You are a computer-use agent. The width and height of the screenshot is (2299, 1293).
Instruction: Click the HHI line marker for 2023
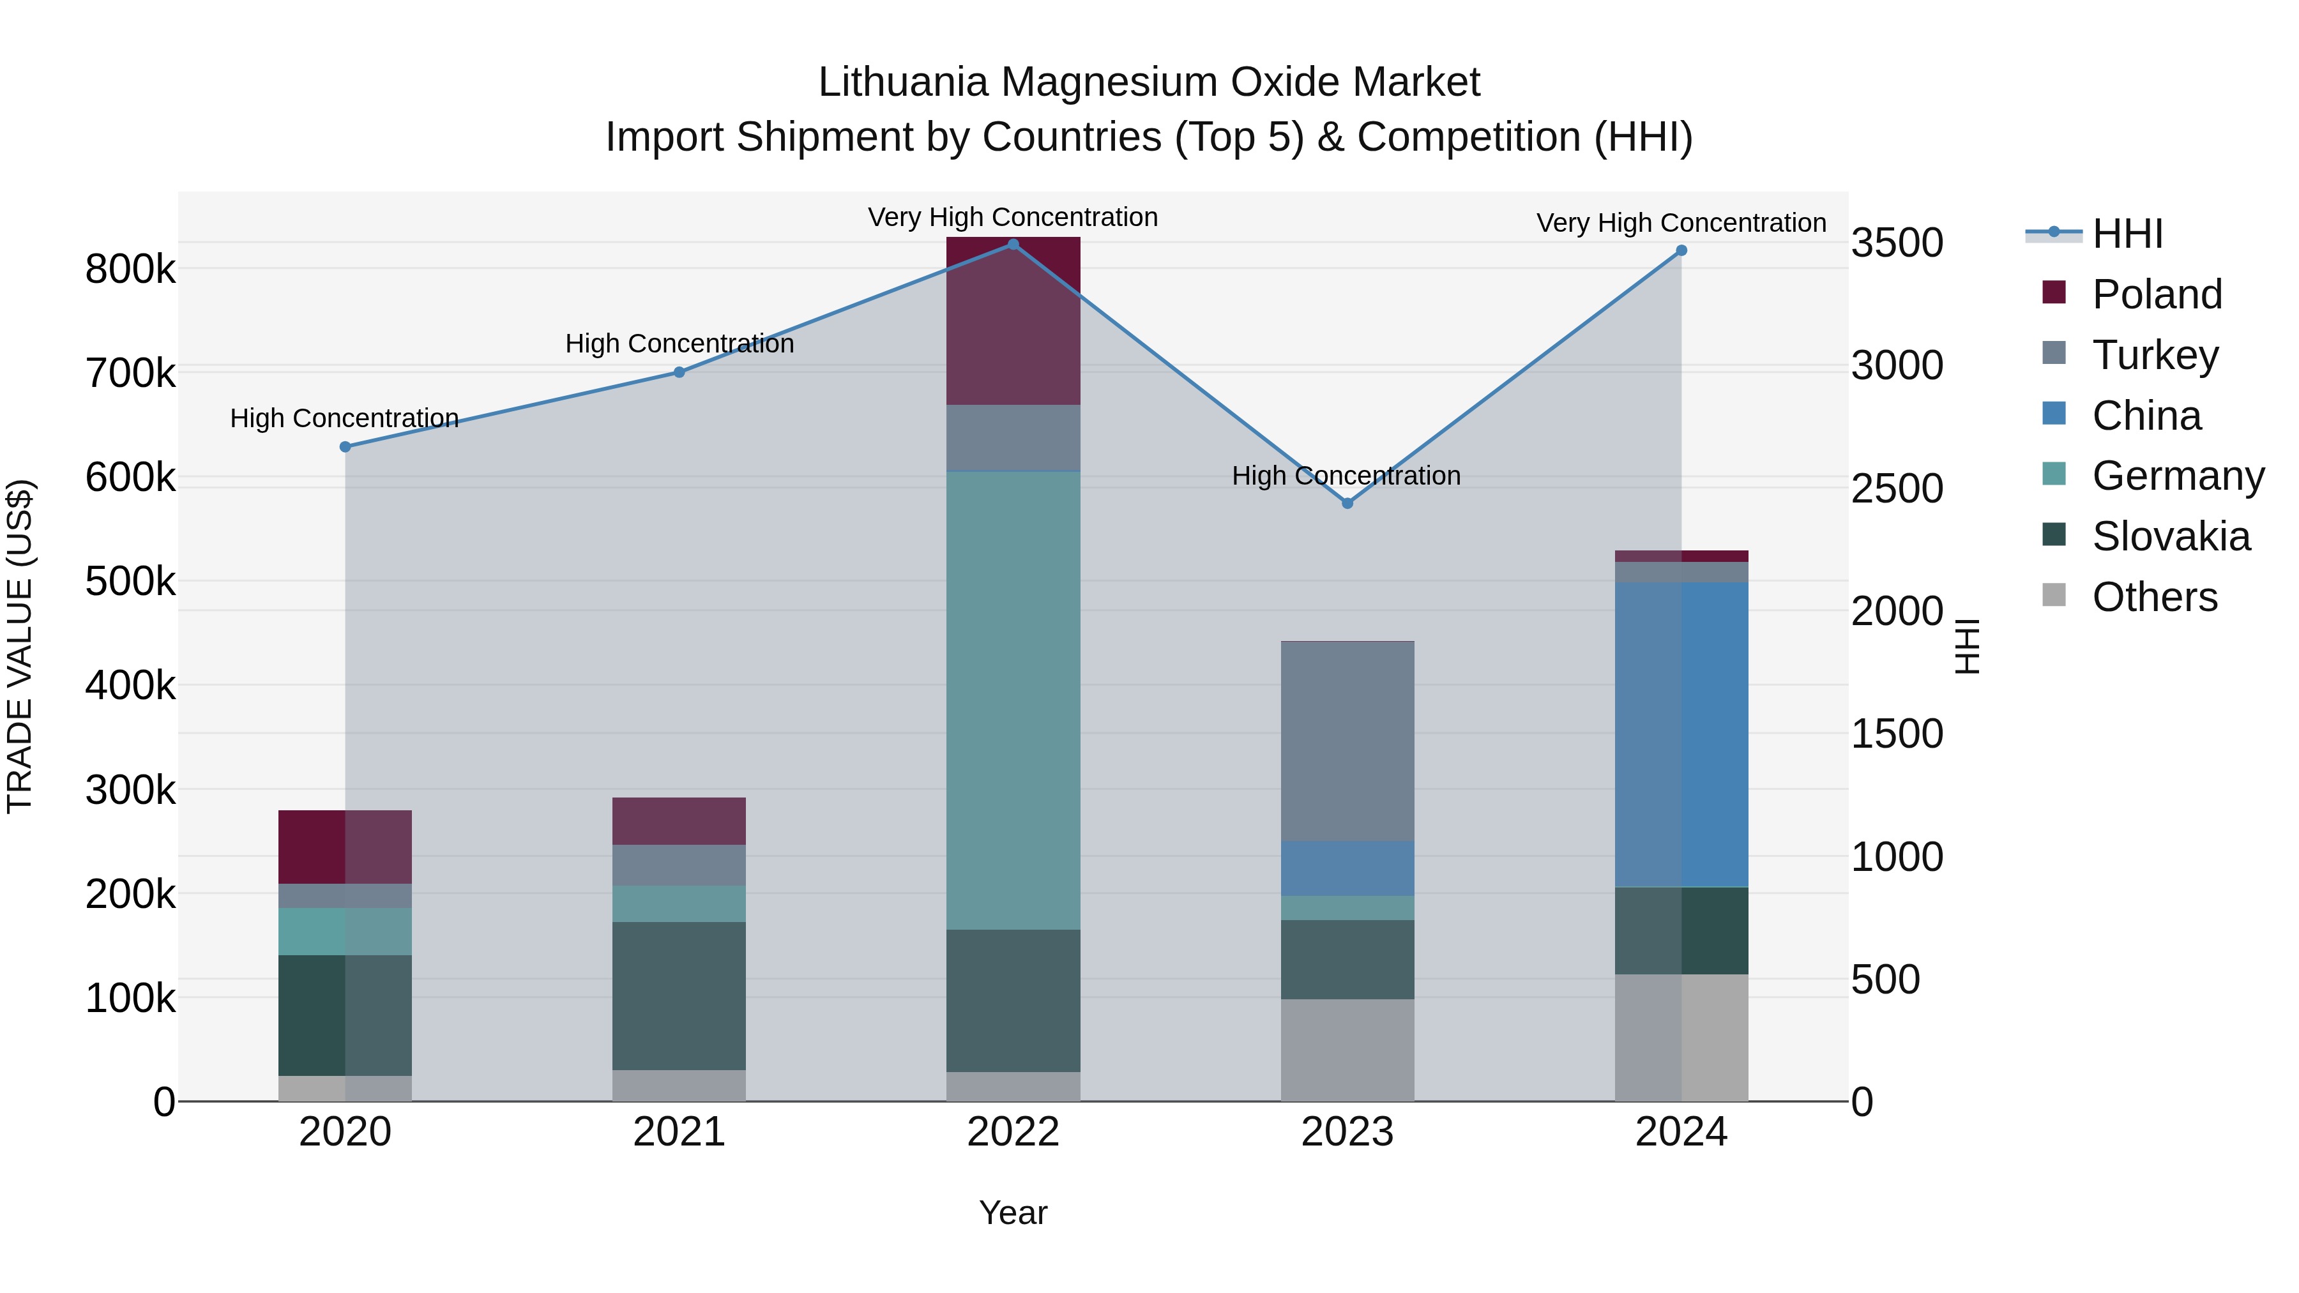click(x=1347, y=503)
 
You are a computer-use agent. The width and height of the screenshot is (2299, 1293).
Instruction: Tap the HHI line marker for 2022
click(x=1013, y=245)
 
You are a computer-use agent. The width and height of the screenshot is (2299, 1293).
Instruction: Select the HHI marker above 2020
click(x=345, y=447)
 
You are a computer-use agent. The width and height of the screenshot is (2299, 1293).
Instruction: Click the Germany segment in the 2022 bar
click(x=1013, y=700)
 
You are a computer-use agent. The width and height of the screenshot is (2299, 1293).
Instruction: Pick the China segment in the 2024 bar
click(x=1681, y=734)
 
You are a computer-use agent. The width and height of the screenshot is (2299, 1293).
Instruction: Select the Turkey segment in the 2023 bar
click(x=1347, y=741)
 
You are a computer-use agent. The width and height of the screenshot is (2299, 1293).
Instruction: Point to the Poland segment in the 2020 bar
click(x=345, y=847)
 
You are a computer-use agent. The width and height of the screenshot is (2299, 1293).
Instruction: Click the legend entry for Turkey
click(x=2155, y=355)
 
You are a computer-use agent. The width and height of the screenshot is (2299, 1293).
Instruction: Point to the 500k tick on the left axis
click(x=130, y=582)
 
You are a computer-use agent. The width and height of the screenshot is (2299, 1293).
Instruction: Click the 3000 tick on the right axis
click(x=1897, y=366)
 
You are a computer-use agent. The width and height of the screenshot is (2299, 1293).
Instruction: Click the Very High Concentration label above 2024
click(x=1681, y=223)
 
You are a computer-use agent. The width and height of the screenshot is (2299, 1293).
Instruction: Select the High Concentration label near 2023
click(x=1346, y=476)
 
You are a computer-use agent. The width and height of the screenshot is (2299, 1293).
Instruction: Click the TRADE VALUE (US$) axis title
click(x=20, y=646)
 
